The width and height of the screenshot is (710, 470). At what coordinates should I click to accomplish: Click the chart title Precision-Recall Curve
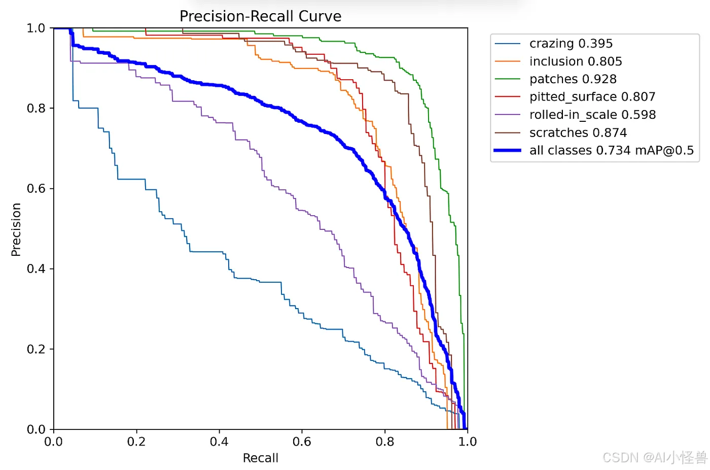pos(260,16)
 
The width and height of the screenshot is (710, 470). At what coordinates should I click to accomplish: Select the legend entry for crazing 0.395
pos(571,44)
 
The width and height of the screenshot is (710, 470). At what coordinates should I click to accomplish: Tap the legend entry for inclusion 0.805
pos(576,61)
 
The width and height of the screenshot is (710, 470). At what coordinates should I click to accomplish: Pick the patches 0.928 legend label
pos(573,79)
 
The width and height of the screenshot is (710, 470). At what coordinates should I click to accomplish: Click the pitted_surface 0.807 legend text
pos(592,97)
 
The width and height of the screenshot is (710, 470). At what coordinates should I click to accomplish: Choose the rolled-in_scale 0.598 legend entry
pos(593,115)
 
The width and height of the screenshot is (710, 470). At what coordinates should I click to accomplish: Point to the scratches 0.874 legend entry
pos(578,132)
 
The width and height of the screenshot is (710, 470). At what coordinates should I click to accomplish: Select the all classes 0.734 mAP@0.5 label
pos(612,150)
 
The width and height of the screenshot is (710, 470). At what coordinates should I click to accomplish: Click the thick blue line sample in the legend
pos(508,150)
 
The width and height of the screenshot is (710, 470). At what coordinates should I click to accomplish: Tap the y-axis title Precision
pos(16,229)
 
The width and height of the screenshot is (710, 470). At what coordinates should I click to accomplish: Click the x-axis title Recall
pos(261,458)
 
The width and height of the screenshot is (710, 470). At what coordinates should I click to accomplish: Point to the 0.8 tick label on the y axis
pos(36,108)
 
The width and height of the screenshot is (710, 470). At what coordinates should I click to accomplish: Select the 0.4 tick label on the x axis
pos(219,442)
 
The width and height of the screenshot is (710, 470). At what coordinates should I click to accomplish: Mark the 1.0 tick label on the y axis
pos(36,28)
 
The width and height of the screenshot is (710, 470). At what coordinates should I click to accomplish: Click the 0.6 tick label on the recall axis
pos(302,442)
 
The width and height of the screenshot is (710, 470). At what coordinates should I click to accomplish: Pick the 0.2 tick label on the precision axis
pos(36,349)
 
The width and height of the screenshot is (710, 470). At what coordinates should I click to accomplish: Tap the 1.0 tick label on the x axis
pos(468,442)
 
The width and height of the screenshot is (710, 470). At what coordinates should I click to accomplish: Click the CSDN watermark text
pos(655,458)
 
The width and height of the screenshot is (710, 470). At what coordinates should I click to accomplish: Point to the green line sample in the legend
pos(508,79)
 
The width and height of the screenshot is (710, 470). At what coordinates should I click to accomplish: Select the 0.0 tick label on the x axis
pos(54,442)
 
